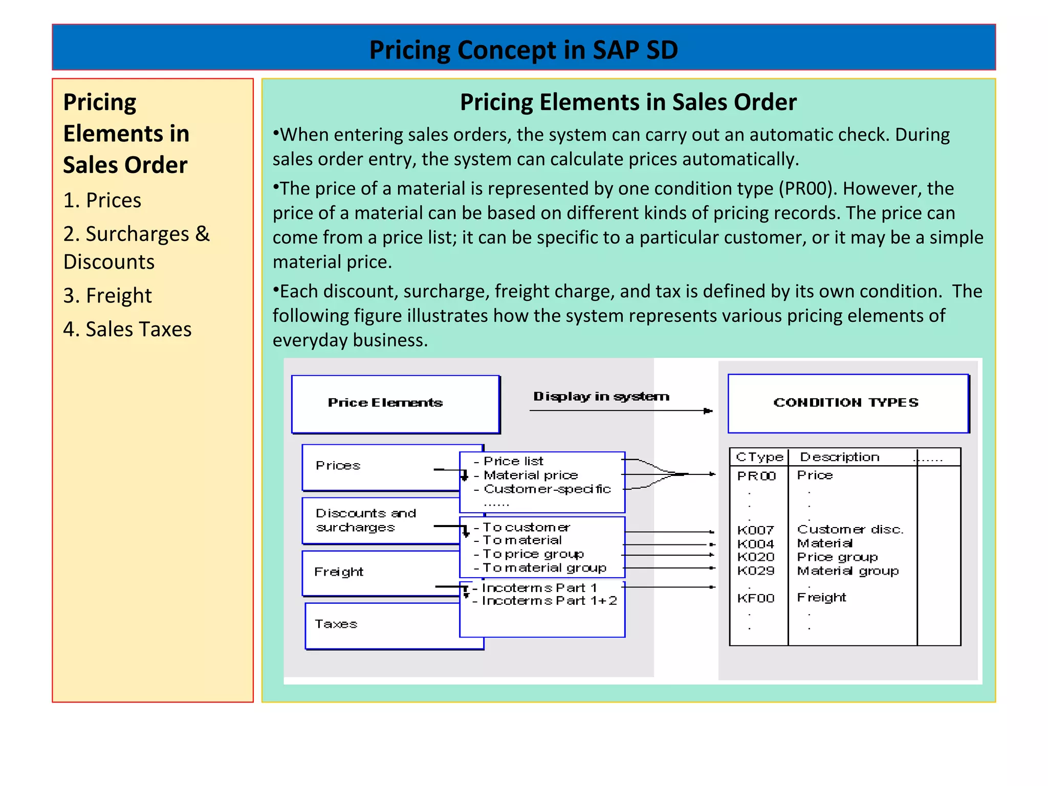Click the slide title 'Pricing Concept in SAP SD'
click(x=523, y=50)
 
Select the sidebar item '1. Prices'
click(x=102, y=200)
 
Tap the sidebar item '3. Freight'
click(x=107, y=296)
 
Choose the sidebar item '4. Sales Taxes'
click(x=127, y=329)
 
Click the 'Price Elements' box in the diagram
click(x=395, y=403)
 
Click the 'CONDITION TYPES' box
click(x=847, y=403)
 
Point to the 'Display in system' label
click(x=601, y=397)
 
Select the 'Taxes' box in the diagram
click(x=336, y=624)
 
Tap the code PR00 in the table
click(x=756, y=476)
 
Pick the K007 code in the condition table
click(x=755, y=530)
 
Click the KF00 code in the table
click(x=756, y=598)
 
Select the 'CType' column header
click(x=759, y=457)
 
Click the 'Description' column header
click(x=839, y=457)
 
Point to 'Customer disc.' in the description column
click(x=850, y=530)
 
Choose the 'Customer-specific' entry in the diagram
click(x=547, y=489)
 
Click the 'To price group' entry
click(x=533, y=554)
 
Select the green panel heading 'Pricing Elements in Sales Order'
click(x=628, y=102)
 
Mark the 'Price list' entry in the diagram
click(x=513, y=461)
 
